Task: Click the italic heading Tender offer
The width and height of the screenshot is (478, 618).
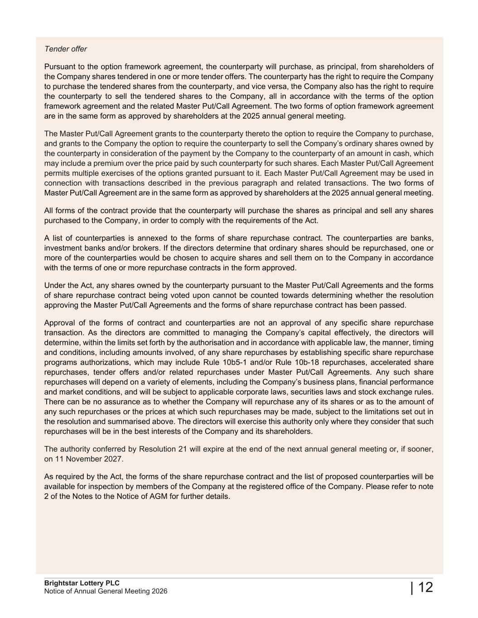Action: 66,49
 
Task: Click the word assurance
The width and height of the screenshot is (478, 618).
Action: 117,402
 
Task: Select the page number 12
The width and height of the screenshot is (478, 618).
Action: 425,588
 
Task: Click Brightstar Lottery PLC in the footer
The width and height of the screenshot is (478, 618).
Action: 82,583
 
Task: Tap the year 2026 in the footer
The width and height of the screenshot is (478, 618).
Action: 159,591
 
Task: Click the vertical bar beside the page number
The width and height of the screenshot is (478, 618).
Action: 412,588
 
